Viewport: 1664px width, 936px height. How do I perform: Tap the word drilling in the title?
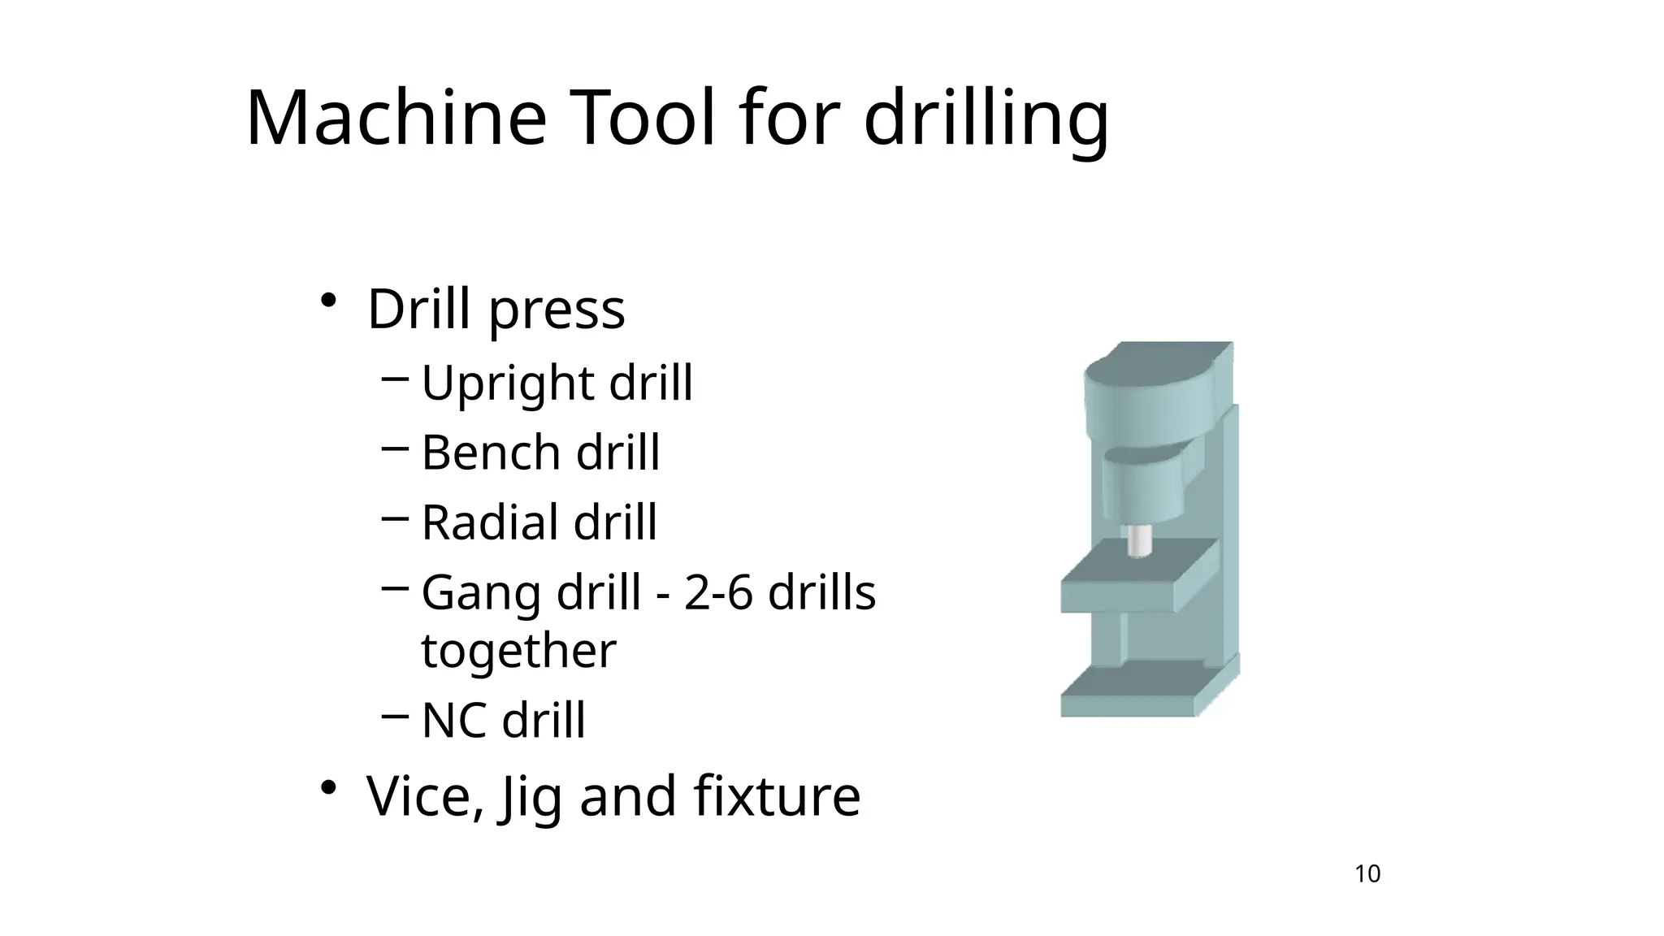[x=986, y=119]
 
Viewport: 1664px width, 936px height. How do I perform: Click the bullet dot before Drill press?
[x=328, y=301]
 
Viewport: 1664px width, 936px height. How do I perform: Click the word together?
[x=518, y=650]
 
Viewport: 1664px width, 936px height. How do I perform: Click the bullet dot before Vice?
[x=328, y=787]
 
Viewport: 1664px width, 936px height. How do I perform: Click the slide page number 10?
[x=1367, y=874]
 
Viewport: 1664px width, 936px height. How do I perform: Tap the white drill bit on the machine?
[x=1139, y=540]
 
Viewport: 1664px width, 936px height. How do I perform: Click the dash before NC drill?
[x=394, y=716]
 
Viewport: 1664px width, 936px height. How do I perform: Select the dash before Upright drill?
[x=394, y=378]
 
